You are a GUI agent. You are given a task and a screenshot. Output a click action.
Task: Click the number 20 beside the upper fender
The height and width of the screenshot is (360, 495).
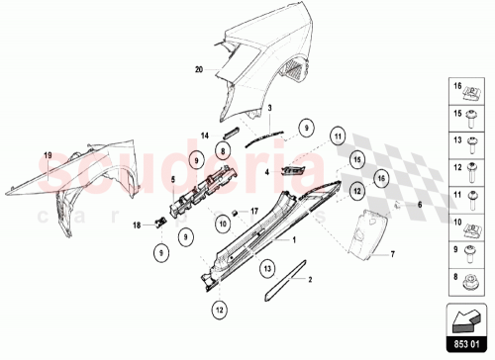pyautogui.click(x=199, y=70)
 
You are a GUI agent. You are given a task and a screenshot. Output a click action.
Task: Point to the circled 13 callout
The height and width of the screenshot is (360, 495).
pyautogui.click(x=266, y=268)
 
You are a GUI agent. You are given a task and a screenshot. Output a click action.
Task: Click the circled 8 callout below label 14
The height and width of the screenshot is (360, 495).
pyautogui.click(x=224, y=151)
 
